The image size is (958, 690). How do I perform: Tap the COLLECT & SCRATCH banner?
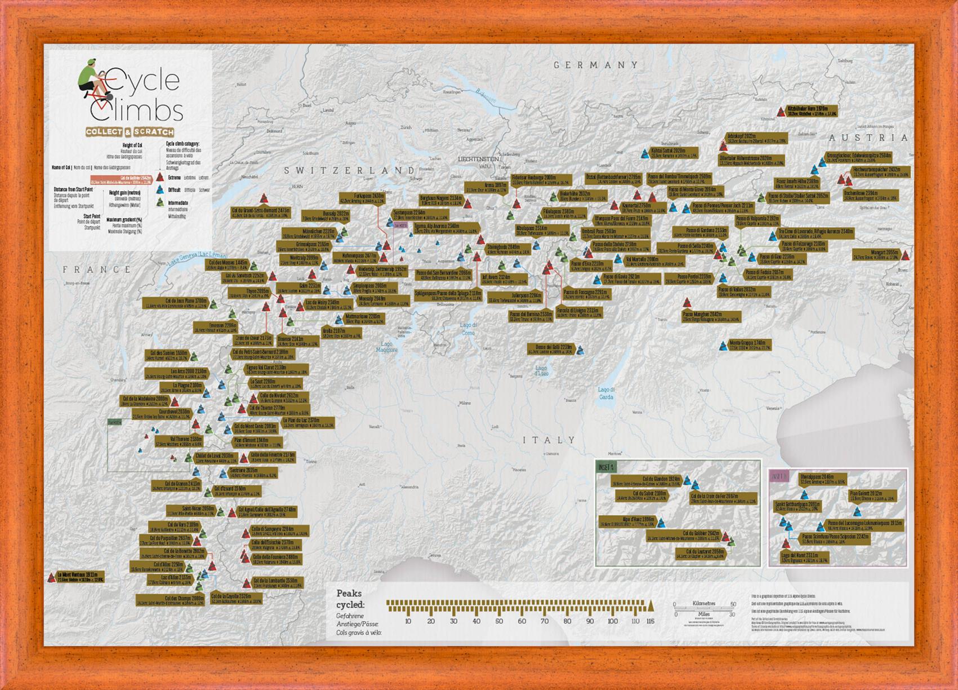130,132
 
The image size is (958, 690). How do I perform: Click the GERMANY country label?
596,65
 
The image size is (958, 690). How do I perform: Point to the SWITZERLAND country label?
349,170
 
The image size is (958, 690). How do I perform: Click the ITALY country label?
549,440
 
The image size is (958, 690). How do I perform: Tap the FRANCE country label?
97,269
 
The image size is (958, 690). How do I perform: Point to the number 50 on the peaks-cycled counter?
499,621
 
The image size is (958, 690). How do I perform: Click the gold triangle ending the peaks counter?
651,606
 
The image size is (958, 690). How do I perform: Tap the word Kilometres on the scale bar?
703,604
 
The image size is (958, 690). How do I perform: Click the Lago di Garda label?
607,393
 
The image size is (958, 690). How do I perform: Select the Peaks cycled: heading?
349,599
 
